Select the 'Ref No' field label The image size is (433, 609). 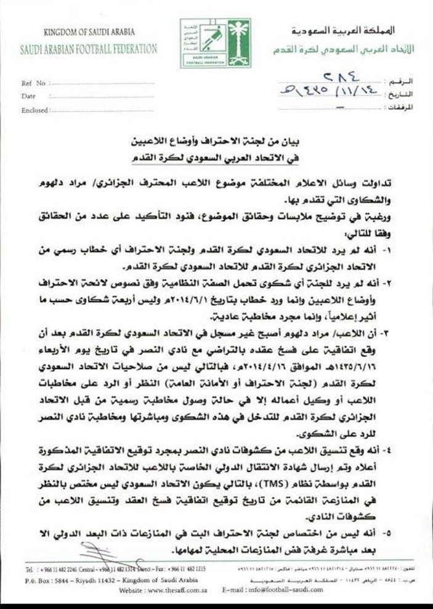[x=34, y=83]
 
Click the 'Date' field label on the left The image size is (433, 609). [x=29, y=96]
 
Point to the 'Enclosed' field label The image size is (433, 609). [x=34, y=110]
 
